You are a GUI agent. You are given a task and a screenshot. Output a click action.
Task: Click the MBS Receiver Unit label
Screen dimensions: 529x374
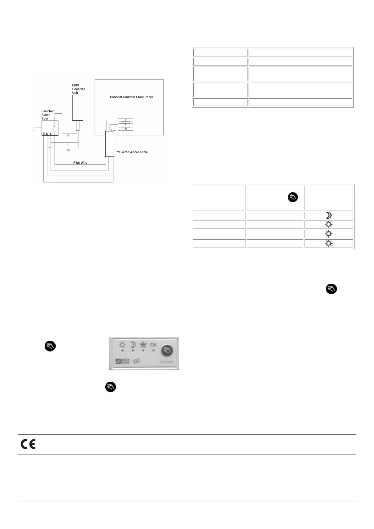78,89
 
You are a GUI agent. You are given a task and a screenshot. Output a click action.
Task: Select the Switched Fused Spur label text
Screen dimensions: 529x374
48,115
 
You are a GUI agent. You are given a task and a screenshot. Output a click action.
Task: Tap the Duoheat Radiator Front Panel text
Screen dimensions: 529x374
131,97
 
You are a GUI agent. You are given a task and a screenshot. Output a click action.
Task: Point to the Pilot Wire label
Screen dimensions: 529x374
80,163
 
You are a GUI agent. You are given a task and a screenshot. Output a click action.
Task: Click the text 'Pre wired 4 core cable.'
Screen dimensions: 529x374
132,152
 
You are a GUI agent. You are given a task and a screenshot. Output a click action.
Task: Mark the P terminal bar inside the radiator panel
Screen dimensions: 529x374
125,120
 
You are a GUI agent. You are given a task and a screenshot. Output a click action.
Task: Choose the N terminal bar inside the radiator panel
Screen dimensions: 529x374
125,129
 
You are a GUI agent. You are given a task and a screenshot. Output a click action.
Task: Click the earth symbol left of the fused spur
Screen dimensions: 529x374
34,129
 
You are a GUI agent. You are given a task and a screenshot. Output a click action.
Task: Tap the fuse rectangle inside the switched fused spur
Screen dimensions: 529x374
55,128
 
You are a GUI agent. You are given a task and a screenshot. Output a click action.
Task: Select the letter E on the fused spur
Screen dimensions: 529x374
44,134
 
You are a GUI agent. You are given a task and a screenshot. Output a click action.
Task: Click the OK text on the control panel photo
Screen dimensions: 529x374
153,345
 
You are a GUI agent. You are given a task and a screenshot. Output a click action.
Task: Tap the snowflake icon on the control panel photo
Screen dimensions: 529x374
143,345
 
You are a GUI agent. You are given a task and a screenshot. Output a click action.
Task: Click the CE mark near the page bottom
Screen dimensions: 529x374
28,444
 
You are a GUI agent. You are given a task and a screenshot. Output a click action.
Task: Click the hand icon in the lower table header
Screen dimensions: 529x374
293,197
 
